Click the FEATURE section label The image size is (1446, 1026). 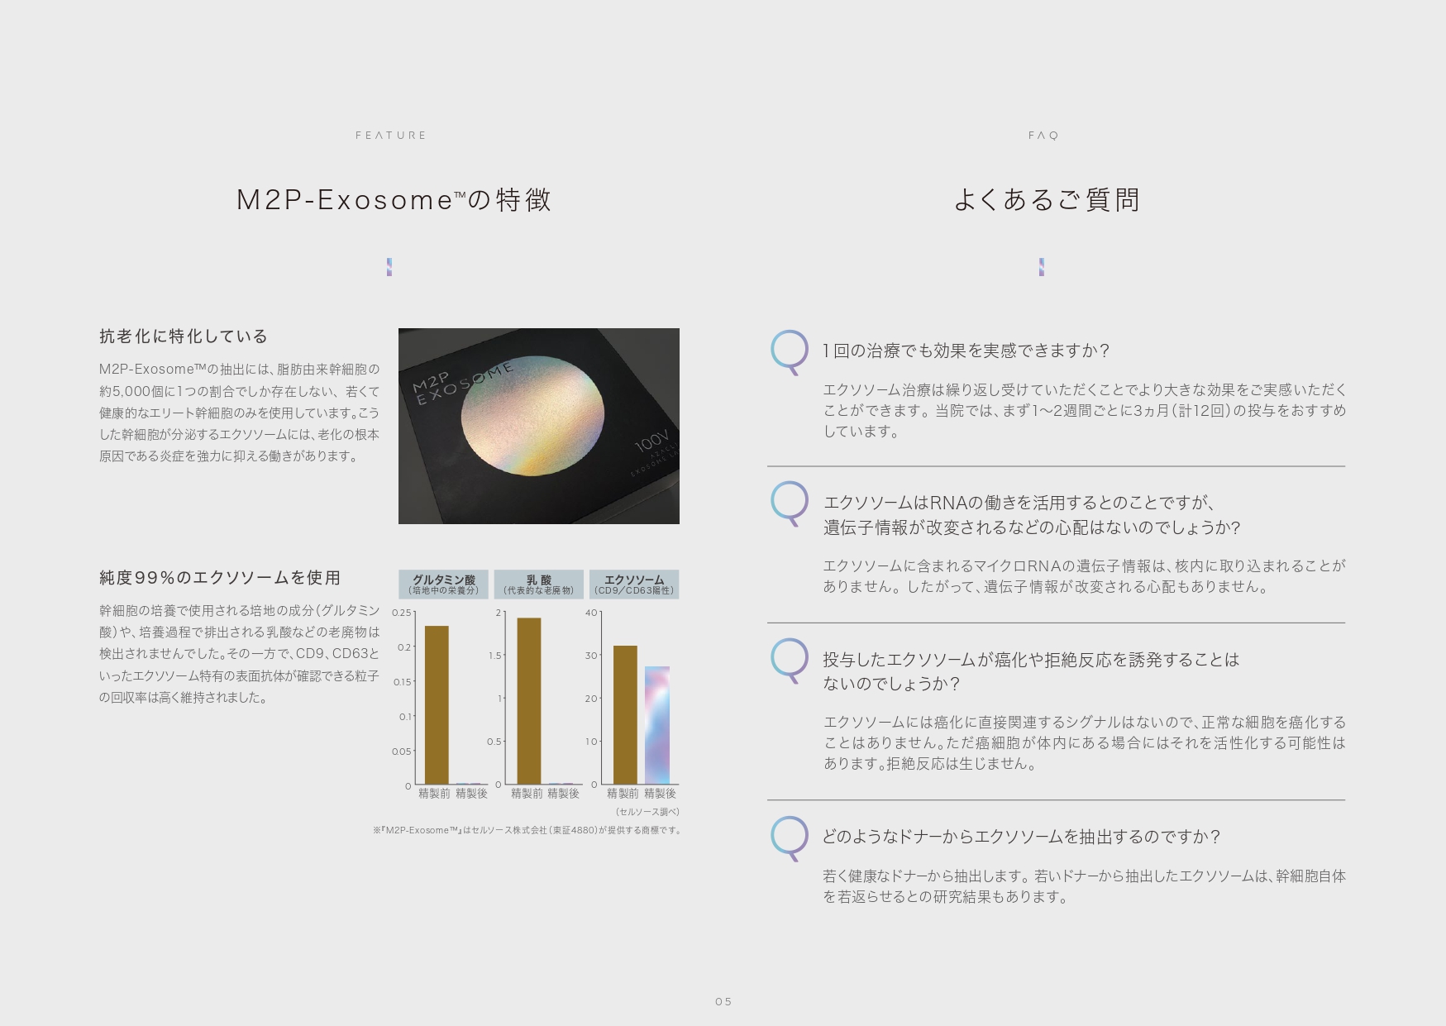pyautogui.click(x=390, y=136)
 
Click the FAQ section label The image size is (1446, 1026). pyautogui.click(x=1043, y=136)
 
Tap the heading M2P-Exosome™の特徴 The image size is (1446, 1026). pyautogui.click(x=394, y=200)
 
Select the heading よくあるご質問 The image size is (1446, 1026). pyautogui.click(x=1047, y=200)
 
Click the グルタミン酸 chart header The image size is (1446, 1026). pyautogui.click(x=444, y=585)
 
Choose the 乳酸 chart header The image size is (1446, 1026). pyautogui.click(x=539, y=585)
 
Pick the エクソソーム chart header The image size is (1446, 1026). pyautogui.click(x=634, y=585)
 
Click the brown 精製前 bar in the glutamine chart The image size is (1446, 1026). pyautogui.click(x=437, y=704)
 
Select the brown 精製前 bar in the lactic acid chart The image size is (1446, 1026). pyautogui.click(x=529, y=701)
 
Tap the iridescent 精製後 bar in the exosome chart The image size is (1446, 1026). pyautogui.click(x=657, y=725)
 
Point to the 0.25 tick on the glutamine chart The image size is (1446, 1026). pyautogui.click(x=402, y=613)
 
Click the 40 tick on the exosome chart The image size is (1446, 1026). pyautogui.click(x=591, y=613)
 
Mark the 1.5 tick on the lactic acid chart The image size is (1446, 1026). pyautogui.click(x=495, y=656)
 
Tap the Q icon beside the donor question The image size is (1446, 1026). pyautogui.click(x=790, y=837)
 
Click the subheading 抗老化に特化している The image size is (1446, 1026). pyautogui.click(x=184, y=336)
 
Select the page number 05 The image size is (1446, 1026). pyautogui.click(x=723, y=1002)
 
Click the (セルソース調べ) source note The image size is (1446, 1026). pyautogui.click(x=647, y=812)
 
